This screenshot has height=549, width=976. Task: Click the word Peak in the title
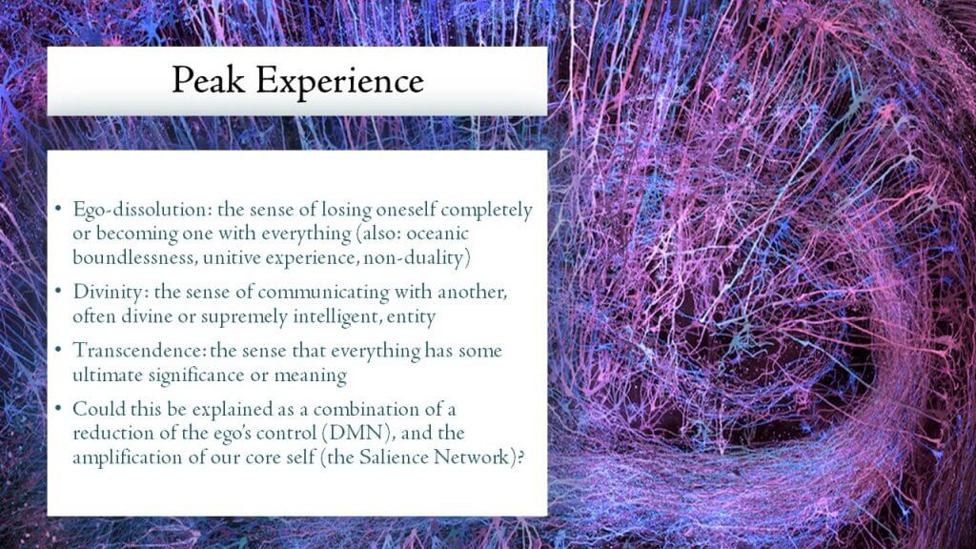click(x=208, y=80)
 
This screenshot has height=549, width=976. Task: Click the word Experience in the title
click(x=340, y=82)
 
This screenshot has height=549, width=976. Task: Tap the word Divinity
click(x=111, y=293)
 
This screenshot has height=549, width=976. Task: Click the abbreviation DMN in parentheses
click(x=356, y=433)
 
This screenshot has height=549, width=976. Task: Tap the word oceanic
click(x=437, y=234)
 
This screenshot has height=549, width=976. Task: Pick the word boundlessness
click(x=134, y=257)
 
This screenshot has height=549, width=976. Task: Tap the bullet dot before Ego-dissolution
click(x=58, y=208)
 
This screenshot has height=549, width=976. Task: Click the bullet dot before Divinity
click(x=58, y=291)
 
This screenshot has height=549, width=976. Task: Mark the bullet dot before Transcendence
click(x=58, y=349)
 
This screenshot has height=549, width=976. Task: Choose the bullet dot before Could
click(x=58, y=408)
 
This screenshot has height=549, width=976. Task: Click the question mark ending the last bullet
click(x=520, y=457)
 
